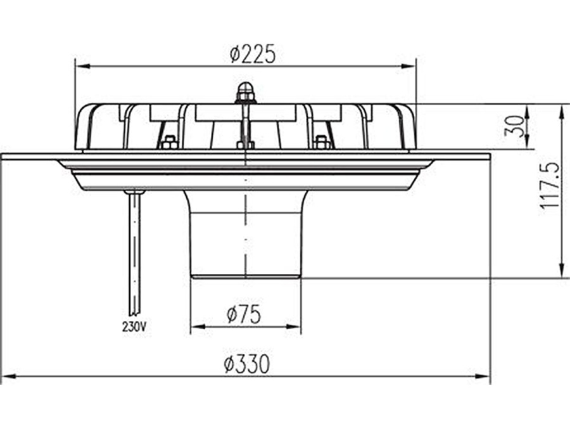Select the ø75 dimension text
244,315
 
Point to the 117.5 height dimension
549,186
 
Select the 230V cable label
134,327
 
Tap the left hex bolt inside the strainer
168,143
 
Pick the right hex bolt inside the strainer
321,143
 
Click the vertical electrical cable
134,254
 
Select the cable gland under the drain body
134,191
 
